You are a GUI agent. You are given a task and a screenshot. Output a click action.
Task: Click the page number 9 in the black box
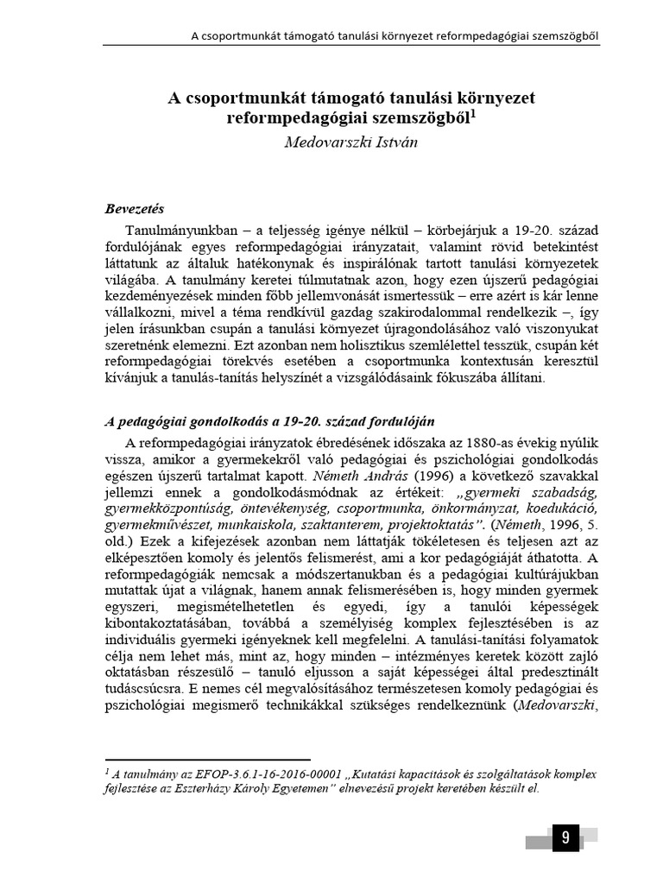tap(565, 837)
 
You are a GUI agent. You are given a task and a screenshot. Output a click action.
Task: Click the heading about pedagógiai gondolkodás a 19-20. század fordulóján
tap(268, 421)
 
